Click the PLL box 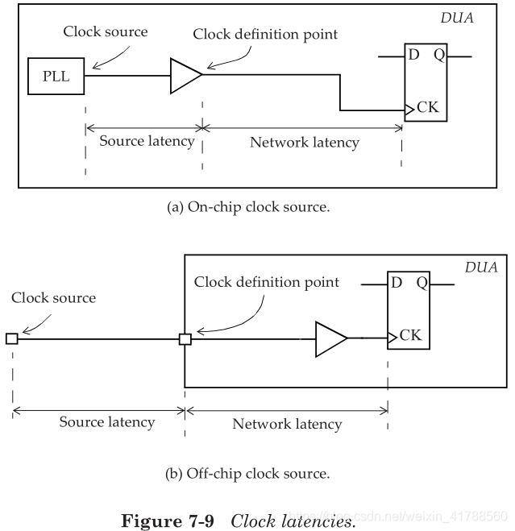56,77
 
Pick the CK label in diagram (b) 410,334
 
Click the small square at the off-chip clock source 11,339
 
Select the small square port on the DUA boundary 185,339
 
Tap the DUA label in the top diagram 455,18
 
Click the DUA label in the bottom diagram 480,268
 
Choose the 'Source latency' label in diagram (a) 147,141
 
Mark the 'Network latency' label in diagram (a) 304,143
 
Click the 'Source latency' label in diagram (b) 107,421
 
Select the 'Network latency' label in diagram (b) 287,424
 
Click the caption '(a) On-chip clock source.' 248,207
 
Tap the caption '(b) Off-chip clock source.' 247,474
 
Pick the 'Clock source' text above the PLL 105,32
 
